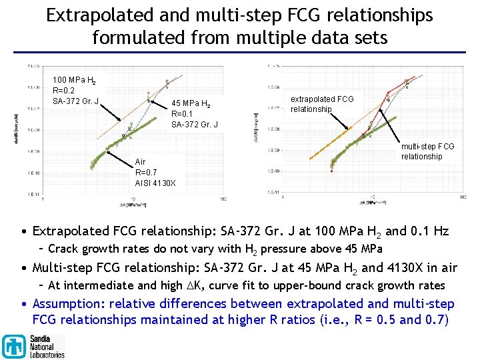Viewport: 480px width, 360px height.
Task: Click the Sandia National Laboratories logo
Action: (33, 346)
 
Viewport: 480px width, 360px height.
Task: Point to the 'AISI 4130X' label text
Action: (155, 183)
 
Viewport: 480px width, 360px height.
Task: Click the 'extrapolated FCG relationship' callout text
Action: (322, 104)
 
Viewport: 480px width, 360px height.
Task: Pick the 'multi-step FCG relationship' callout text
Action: (427, 151)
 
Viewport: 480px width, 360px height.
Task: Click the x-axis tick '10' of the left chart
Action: (133, 199)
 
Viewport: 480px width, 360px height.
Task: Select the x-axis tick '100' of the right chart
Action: (462, 198)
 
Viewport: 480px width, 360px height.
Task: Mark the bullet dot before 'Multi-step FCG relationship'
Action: (24, 268)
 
